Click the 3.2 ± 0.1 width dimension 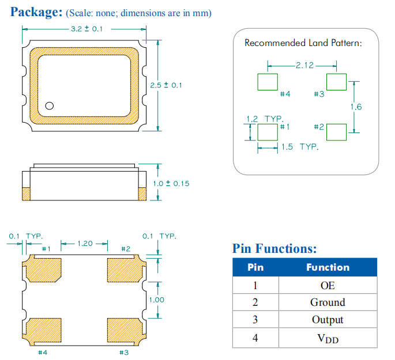point(86,29)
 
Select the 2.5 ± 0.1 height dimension point(165,85)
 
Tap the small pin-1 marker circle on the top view point(50,105)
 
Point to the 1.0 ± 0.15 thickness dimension point(171,184)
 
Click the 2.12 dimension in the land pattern point(304,65)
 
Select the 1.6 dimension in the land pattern point(356,107)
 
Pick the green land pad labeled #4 point(267,82)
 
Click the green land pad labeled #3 point(336,82)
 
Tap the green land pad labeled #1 point(267,132)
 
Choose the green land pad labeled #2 point(336,132)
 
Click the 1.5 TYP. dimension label point(299,147)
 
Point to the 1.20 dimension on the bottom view point(85,244)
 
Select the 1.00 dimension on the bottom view point(156,300)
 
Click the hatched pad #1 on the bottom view point(43,268)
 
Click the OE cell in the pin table point(328,285)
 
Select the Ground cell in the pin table point(328,302)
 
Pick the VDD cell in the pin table point(328,338)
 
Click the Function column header point(328,267)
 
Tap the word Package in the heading point(36,12)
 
